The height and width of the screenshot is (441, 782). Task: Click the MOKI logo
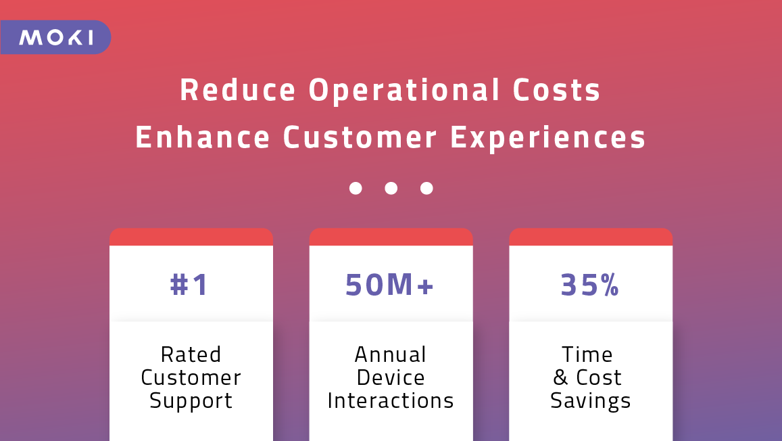tap(56, 37)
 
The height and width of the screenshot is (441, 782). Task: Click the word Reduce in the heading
tap(238, 90)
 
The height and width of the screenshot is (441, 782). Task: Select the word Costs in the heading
tap(556, 90)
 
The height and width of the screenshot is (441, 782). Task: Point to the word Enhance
tap(203, 137)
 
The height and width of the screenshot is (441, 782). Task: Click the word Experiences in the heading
tap(548, 139)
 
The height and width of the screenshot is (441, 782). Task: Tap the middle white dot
tap(391, 188)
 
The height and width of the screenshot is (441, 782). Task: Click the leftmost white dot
tap(356, 188)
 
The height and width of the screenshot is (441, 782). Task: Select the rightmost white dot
tap(426, 188)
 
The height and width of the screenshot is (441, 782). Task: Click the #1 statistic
tap(189, 285)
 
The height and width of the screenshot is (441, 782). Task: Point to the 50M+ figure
tap(389, 285)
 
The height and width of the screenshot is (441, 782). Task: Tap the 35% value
tap(590, 285)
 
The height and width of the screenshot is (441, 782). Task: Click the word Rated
tap(191, 354)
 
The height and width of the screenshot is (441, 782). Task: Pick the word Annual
tap(391, 354)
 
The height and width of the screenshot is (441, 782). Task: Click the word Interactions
tap(391, 400)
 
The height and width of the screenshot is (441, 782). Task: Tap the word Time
tap(587, 354)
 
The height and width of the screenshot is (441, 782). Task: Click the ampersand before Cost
tap(560, 377)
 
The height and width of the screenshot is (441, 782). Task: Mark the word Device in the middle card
tap(391, 377)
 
